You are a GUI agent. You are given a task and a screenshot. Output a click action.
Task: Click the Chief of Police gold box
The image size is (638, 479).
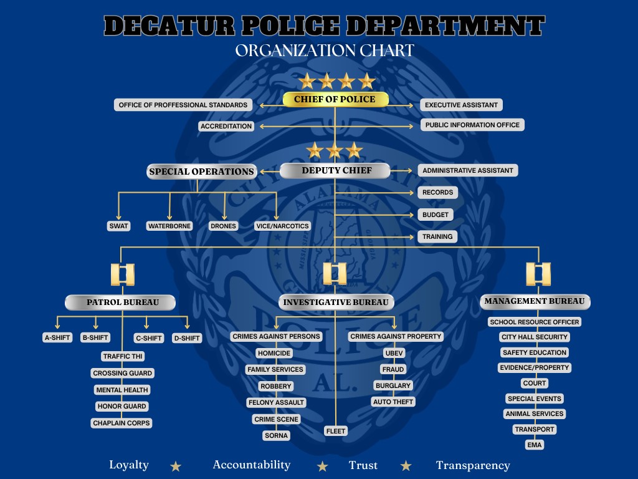(336, 99)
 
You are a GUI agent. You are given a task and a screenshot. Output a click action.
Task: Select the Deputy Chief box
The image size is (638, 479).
(335, 171)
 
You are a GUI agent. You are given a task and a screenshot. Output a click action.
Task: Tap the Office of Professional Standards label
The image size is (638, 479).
(183, 105)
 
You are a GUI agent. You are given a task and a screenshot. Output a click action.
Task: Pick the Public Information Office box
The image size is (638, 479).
(472, 125)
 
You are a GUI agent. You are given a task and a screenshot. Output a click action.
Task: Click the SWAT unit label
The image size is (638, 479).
(119, 226)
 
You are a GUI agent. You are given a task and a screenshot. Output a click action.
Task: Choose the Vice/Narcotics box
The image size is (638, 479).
(282, 226)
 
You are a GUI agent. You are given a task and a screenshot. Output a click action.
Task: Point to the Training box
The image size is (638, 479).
(437, 236)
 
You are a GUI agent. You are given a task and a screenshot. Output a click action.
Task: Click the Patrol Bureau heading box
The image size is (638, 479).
(120, 302)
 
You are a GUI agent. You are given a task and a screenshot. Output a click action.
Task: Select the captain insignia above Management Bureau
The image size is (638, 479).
(538, 274)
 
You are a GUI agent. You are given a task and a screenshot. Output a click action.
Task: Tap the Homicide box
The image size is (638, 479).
(274, 353)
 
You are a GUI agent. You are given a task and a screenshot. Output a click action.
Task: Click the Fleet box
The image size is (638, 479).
(336, 431)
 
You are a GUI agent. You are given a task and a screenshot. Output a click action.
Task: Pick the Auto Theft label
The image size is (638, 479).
(393, 402)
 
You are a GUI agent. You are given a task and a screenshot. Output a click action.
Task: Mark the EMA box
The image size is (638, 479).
(534, 445)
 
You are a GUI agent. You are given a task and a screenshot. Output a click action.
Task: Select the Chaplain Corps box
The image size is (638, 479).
(121, 423)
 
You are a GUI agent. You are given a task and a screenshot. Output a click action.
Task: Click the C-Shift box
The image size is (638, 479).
(149, 338)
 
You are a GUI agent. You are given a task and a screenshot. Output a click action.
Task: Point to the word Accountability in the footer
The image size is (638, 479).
(252, 465)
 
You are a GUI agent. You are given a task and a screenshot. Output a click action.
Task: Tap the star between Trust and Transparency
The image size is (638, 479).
(406, 466)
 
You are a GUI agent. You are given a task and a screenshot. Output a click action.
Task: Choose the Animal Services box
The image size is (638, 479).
(534, 414)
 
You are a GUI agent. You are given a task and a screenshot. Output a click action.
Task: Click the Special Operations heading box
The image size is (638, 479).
(201, 172)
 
